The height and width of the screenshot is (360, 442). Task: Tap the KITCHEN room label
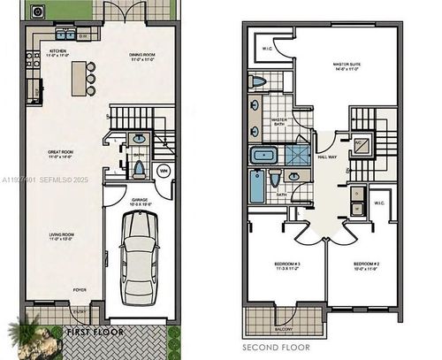pyautogui.click(x=58, y=54)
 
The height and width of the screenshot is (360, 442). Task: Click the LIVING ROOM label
pyautogui.click(x=60, y=237)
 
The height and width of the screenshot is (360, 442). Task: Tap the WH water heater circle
pyautogui.click(x=164, y=171)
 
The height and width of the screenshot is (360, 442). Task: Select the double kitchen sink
pyautogui.click(x=65, y=36)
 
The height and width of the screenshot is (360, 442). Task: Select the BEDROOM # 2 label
pyautogui.click(x=364, y=264)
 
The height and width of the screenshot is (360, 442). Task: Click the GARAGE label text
pyautogui.click(x=140, y=200)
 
